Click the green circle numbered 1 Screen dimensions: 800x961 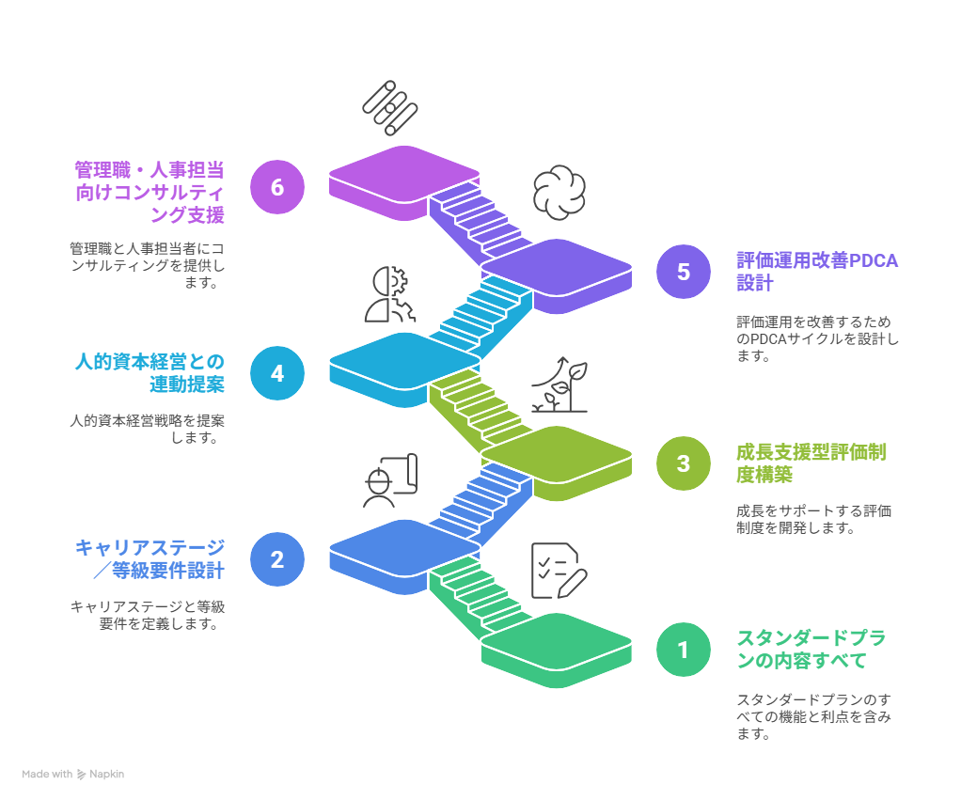(684, 650)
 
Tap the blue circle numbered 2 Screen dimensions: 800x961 (277, 559)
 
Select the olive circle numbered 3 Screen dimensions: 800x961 (684, 463)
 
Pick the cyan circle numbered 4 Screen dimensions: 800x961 (277, 373)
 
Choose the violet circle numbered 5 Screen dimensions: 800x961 (684, 272)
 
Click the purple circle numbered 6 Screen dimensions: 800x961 (277, 187)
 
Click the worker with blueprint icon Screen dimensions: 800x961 (389, 480)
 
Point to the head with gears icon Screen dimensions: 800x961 (389, 294)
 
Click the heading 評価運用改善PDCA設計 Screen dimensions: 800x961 (816, 272)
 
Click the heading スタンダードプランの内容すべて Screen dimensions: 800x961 (811, 650)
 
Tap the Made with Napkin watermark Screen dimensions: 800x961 (72, 775)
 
